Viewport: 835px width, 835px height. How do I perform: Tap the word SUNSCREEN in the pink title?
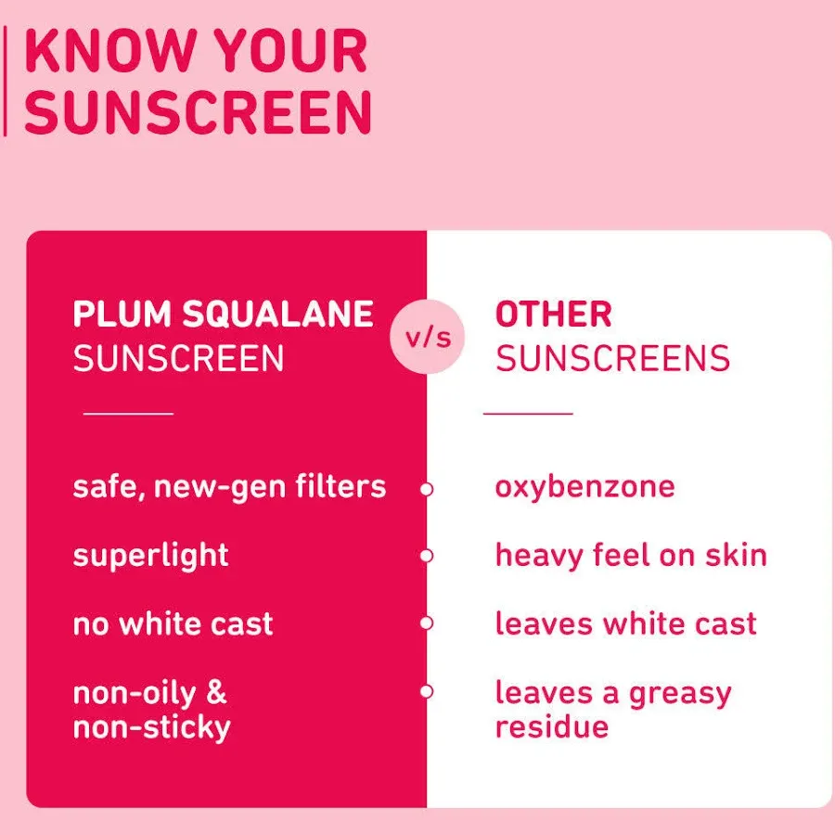(x=198, y=112)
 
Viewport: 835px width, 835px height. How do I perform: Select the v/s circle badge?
(x=427, y=337)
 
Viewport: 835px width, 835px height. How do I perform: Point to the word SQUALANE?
(x=277, y=314)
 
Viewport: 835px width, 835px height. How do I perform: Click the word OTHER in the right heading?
(x=553, y=314)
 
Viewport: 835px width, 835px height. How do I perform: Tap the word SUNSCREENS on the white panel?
(x=612, y=358)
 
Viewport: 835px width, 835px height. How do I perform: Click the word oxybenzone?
(x=584, y=487)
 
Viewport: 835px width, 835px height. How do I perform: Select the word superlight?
(x=150, y=556)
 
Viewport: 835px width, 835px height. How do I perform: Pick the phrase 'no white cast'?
(x=173, y=623)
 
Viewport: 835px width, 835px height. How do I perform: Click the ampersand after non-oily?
(x=216, y=692)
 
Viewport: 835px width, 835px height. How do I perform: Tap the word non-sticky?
(x=152, y=727)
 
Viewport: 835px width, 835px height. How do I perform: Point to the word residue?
(x=552, y=726)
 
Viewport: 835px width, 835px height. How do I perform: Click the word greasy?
(x=680, y=694)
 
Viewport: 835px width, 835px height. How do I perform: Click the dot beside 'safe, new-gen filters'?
(x=426, y=489)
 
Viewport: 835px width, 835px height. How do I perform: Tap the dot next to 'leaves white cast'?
(x=426, y=623)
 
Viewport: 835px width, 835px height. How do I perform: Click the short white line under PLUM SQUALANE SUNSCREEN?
(x=128, y=413)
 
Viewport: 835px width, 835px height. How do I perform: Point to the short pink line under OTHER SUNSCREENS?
(x=528, y=413)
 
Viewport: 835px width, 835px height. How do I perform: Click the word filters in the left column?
(x=340, y=486)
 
